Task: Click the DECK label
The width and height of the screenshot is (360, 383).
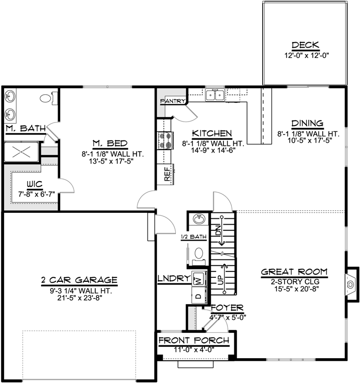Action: click(305, 45)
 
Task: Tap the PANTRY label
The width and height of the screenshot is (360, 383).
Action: click(172, 101)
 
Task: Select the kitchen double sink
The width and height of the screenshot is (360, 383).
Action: click(215, 95)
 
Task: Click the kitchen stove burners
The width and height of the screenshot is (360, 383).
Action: click(165, 140)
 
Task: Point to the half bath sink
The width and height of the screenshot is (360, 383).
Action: click(199, 219)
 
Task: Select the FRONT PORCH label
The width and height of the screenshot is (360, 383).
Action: click(194, 341)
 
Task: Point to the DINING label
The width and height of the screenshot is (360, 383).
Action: click(307, 124)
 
